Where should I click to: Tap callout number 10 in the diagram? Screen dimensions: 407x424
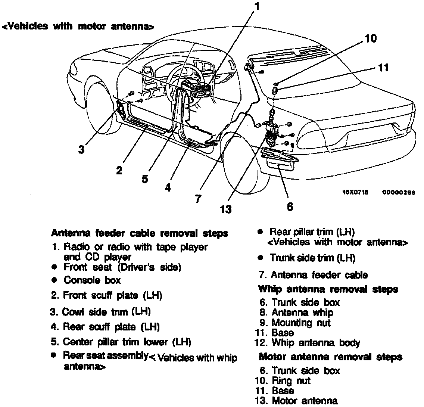point(370,38)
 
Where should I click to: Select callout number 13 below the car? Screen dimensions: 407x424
point(226,209)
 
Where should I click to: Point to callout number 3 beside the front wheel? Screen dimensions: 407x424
point(81,149)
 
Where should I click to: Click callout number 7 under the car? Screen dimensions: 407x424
point(198,199)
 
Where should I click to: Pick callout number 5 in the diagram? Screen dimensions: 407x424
point(145,179)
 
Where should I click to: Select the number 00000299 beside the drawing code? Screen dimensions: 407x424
point(399,192)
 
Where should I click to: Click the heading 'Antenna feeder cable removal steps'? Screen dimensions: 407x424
point(139,233)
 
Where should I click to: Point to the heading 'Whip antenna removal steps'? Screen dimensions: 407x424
point(328,289)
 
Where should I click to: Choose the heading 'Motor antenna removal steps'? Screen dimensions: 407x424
point(330,357)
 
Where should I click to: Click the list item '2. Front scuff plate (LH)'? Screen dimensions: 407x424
point(106,296)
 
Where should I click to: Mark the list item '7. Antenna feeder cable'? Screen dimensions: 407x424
point(313,275)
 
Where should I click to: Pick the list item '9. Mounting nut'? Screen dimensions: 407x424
point(295,322)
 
